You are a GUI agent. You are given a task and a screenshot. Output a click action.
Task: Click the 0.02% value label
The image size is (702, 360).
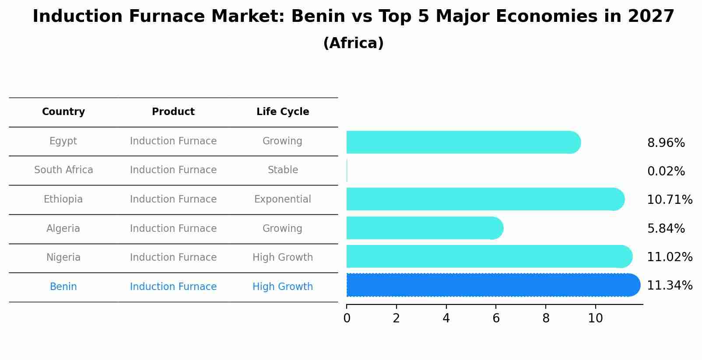pyautogui.click(x=666, y=171)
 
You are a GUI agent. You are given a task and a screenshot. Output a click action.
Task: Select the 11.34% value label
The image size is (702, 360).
pyautogui.click(x=669, y=286)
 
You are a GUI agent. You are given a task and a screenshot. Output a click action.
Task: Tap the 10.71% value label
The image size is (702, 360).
pyautogui.click(x=669, y=200)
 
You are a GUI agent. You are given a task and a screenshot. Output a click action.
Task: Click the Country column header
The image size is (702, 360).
pyautogui.click(x=63, y=112)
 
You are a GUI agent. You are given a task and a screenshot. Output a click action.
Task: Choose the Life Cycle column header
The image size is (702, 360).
pyautogui.click(x=283, y=112)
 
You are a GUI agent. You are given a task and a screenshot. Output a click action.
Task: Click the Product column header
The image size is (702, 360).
pyautogui.click(x=173, y=112)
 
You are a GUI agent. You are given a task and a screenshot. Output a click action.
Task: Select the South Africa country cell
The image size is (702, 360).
pyautogui.click(x=63, y=170)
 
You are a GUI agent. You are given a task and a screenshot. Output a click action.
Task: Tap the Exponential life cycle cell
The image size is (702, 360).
pyautogui.click(x=283, y=199)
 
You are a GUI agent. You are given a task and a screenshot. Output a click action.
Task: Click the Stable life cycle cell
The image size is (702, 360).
pyautogui.click(x=283, y=170)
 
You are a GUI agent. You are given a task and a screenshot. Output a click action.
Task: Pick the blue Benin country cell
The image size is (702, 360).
pyautogui.click(x=63, y=287)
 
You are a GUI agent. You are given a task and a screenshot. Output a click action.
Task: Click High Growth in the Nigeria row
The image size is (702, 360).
pyautogui.click(x=283, y=257)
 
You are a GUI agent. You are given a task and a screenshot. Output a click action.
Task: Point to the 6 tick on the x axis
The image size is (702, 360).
pyautogui.click(x=496, y=318)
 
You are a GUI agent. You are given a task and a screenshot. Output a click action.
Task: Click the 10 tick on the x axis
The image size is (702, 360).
pyautogui.click(x=595, y=318)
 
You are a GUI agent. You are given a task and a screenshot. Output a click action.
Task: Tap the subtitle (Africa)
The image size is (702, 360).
pyautogui.click(x=353, y=43)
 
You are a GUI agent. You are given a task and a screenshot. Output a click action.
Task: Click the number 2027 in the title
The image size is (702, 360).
pyautogui.click(x=651, y=17)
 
